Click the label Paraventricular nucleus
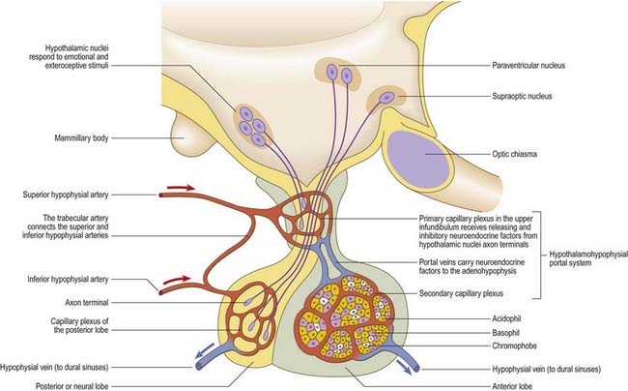528,66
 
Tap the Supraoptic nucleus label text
522,96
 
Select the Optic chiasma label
515,154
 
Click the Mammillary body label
81,138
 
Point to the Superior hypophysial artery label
66,195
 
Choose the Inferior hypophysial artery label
68,279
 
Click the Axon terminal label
87,302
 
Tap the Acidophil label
506,318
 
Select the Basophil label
505,333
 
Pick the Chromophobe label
514,346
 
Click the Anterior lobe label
512,386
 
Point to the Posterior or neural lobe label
72,386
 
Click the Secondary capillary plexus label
461,293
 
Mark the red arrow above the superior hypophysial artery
181,188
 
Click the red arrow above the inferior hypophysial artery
177,280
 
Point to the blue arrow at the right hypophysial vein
404,367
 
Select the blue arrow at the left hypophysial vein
204,352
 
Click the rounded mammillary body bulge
184,136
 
